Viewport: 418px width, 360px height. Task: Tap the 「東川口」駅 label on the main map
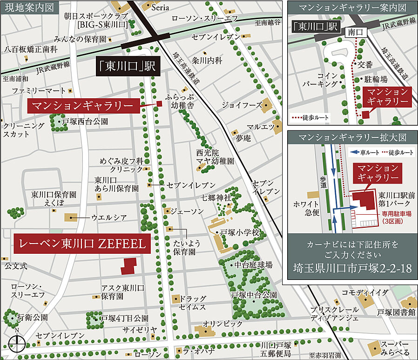[x=128, y=67]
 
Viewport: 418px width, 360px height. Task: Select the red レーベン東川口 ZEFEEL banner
[x=82, y=243]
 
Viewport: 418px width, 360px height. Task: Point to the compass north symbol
[x=17, y=343]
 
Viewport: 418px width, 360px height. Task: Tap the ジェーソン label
[x=187, y=211]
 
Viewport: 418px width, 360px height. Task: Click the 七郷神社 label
[x=216, y=198]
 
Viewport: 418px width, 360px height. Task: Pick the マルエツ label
[x=256, y=127]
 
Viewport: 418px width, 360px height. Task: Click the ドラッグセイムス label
[x=193, y=303]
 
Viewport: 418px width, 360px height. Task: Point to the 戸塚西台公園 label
[x=85, y=122]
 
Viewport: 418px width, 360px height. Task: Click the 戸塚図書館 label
[x=396, y=312]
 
